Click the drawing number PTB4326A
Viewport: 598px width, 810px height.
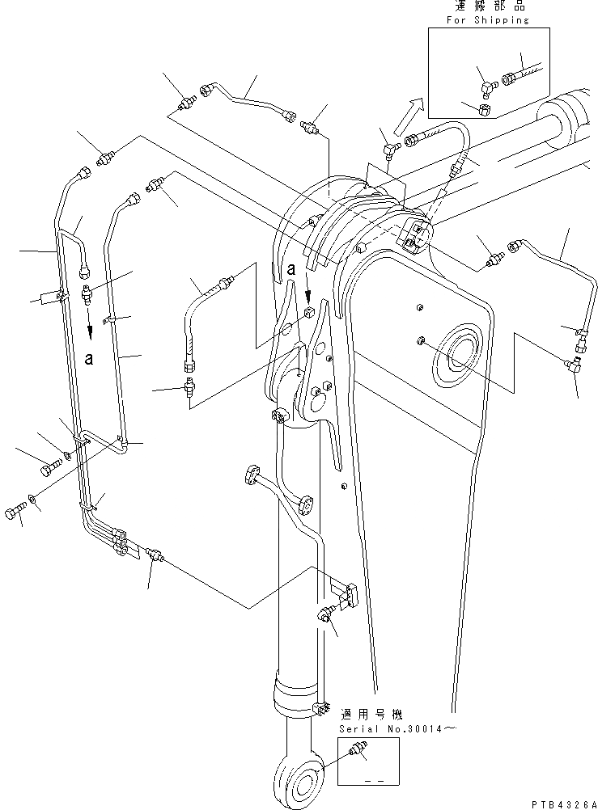(563, 804)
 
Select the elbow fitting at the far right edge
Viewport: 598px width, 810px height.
(573, 366)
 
